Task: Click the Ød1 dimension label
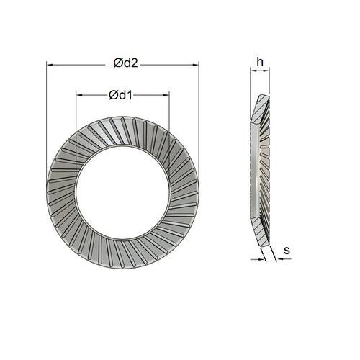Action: point(122,94)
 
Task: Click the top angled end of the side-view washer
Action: point(261,97)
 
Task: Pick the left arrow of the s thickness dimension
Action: point(256,259)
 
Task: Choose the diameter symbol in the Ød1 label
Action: point(113,94)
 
